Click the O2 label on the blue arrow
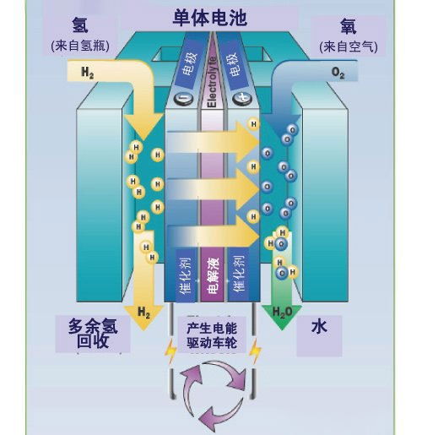(338, 74)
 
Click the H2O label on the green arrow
(282, 313)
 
